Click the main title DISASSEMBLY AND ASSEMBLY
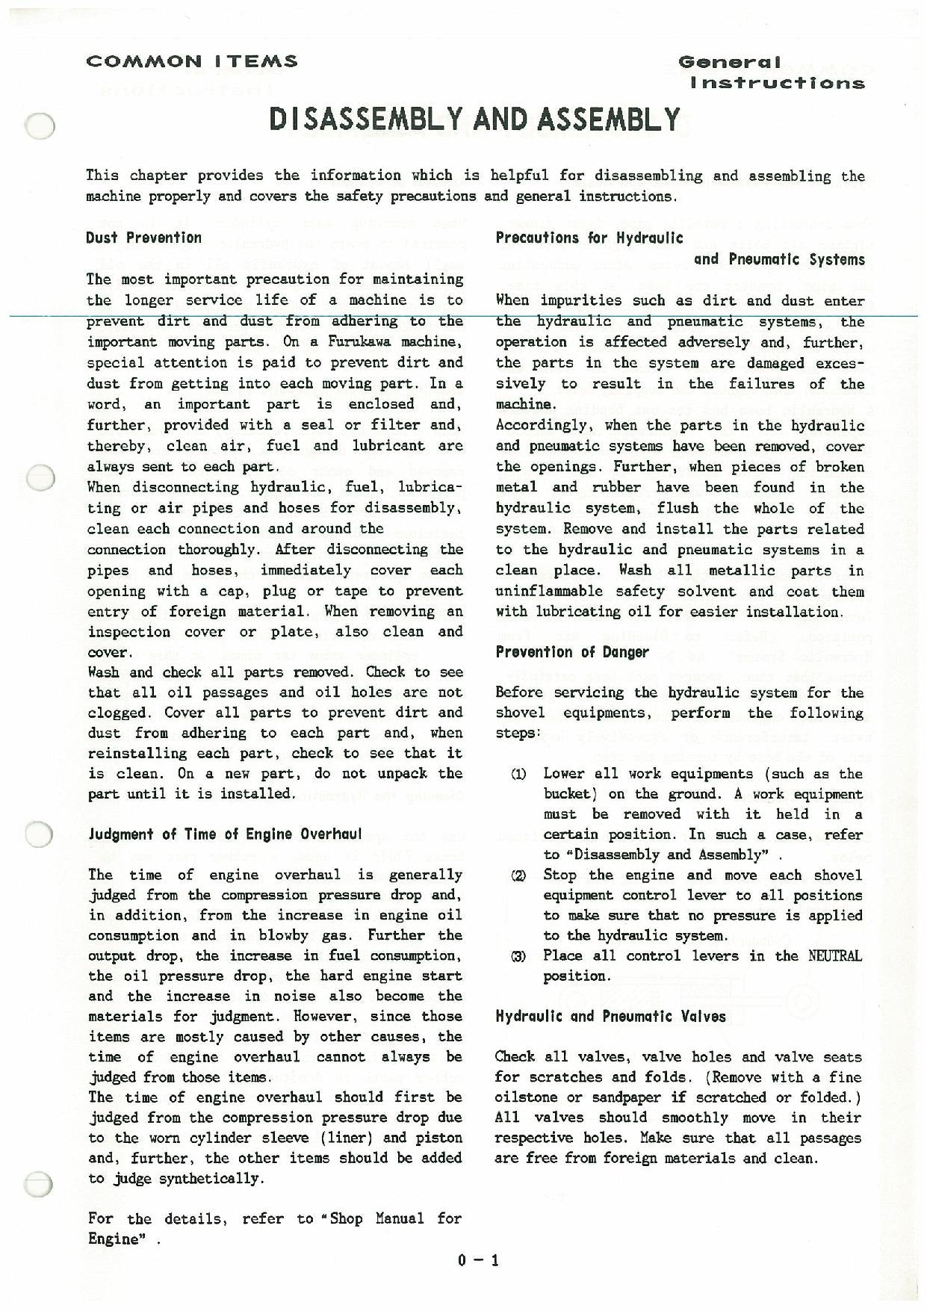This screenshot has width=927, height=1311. coord(474,120)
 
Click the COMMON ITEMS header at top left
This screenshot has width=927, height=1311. coord(192,61)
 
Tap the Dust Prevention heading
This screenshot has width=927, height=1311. coord(143,238)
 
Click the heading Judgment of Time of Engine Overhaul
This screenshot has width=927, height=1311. coord(225,834)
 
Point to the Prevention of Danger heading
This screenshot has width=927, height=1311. coord(572,652)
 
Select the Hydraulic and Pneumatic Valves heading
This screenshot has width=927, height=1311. coord(610,1016)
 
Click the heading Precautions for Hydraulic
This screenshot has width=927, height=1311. coord(589,238)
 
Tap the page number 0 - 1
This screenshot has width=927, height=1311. coord(478,1261)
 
